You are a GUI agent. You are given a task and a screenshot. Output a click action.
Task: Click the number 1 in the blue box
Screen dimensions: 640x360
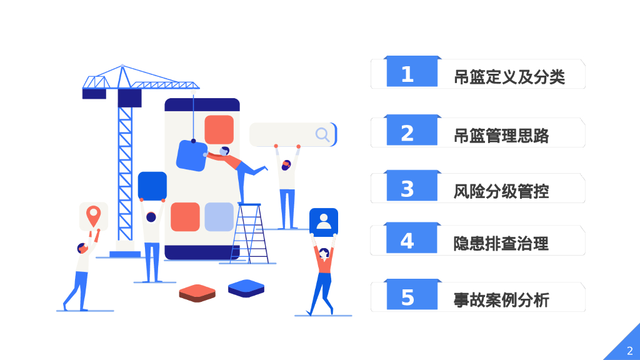[x=407, y=74]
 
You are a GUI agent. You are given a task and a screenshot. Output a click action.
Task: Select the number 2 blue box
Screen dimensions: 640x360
[x=407, y=132]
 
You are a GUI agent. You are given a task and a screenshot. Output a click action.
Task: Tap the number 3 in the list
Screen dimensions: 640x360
[x=407, y=189]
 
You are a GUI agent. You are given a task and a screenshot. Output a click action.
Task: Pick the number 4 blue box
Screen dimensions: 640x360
[x=407, y=241]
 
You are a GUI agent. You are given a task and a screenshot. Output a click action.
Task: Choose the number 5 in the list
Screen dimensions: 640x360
[x=407, y=297]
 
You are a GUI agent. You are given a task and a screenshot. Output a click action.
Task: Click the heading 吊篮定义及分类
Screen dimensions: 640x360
[x=509, y=77]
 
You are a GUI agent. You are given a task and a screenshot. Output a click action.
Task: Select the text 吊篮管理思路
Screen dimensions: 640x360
[x=501, y=135]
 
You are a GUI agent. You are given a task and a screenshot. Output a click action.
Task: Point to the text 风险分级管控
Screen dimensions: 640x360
[x=501, y=191]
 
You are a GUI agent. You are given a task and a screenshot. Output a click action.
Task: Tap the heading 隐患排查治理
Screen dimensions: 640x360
[x=501, y=243]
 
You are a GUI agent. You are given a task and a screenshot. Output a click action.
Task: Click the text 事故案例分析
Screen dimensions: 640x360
[x=501, y=299]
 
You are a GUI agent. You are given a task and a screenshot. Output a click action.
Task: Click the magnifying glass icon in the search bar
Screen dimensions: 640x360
[x=322, y=134]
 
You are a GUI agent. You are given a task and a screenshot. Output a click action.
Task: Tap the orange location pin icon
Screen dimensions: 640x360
[x=93, y=216]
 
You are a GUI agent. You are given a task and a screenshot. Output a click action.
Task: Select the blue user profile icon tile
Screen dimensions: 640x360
[x=323, y=221]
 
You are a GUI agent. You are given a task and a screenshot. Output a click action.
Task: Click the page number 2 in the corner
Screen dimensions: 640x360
[x=629, y=350]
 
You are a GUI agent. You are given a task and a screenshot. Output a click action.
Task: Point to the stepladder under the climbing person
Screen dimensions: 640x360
[x=250, y=232]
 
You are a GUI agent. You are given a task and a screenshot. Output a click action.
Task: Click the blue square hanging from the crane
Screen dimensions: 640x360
[x=191, y=156]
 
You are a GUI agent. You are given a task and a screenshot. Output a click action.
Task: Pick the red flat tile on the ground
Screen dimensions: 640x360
[x=197, y=292]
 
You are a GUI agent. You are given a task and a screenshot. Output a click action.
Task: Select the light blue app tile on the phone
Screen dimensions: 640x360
[x=219, y=217]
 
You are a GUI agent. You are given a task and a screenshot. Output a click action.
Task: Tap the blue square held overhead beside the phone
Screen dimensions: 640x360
[x=152, y=186]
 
